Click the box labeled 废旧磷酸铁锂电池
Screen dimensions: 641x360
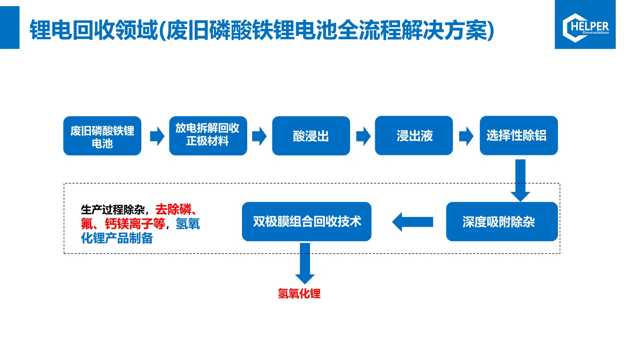(x=102, y=136)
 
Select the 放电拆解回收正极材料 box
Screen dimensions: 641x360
(x=208, y=136)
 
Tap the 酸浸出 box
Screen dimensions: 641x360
(x=311, y=136)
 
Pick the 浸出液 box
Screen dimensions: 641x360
(x=414, y=135)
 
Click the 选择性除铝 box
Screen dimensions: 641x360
(x=519, y=135)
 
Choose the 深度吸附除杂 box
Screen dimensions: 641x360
(x=502, y=221)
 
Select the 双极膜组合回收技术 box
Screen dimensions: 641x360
(x=307, y=221)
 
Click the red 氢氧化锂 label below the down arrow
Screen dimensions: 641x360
(x=299, y=294)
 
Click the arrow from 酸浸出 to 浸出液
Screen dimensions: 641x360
(x=363, y=136)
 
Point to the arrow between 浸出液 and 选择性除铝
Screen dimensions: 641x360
(x=466, y=136)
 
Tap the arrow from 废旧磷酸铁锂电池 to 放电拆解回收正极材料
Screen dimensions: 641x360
(x=157, y=136)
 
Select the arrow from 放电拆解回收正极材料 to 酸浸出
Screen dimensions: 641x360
(x=259, y=136)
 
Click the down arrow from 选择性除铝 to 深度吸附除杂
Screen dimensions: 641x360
(x=520, y=181)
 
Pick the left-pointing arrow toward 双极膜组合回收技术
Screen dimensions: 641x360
(x=412, y=222)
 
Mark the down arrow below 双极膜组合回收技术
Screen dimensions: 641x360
(x=305, y=263)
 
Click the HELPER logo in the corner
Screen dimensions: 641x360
(x=585, y=24)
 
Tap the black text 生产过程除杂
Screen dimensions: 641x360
(x=113, y=210)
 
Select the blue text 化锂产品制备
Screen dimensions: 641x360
(x=117, y=238)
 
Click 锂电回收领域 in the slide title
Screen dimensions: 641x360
(x=94, y=30)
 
